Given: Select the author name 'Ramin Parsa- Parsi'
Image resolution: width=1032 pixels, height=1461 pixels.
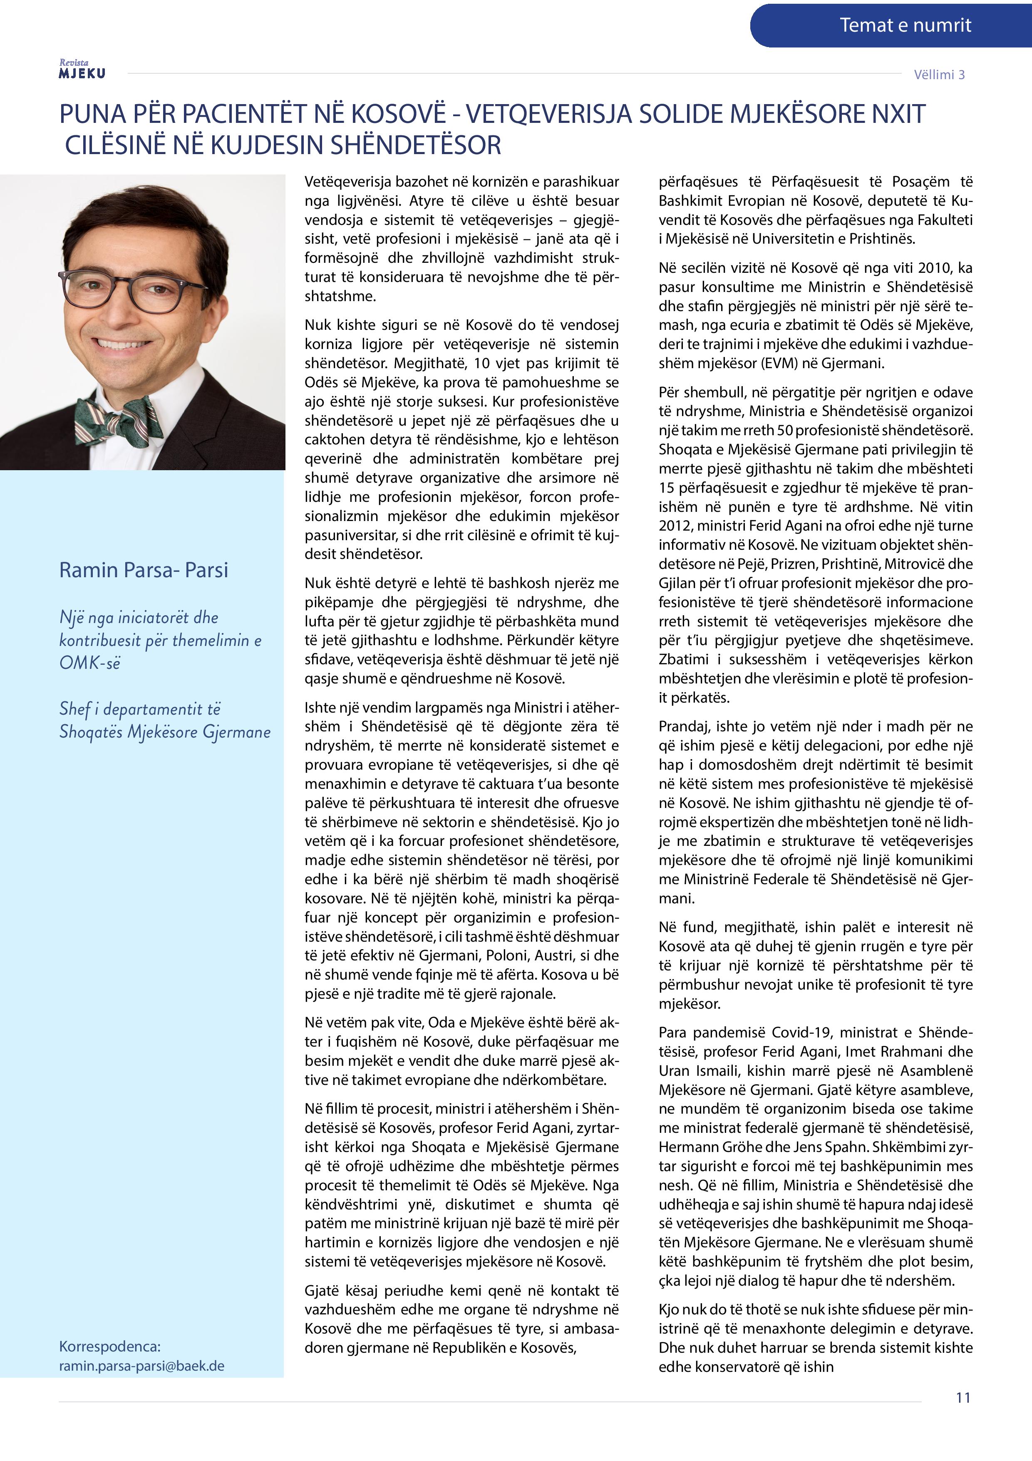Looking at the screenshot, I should pyautogui.click(x=143, y=569).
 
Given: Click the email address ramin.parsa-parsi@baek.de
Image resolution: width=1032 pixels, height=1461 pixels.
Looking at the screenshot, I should pyautogui.click(x=141, y=1366).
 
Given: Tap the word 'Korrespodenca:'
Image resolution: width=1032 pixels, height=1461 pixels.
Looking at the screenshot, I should pyautogui.click(x=109, y=1346).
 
